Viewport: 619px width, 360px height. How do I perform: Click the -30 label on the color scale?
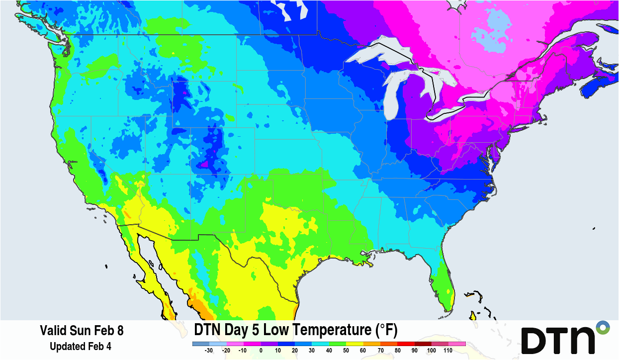click(x=209, y=351)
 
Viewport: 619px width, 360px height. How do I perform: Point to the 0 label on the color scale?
click(x=261, y=351)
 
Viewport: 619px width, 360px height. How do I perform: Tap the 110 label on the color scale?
click(x=448, y=351)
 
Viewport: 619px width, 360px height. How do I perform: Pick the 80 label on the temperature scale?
click(x=397, y=351)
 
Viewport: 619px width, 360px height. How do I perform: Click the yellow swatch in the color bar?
click(x=354, y=344)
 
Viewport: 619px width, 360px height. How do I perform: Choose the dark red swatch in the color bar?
click(x=422, y=344)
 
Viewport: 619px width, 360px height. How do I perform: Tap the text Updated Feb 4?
click(x=81, y=346)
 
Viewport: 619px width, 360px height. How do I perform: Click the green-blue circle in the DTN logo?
click(x=603, y=328)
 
